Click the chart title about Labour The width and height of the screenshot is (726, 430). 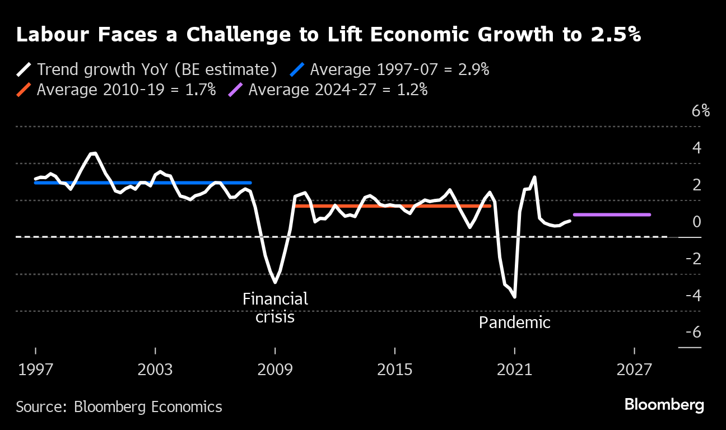pyautogui.click(x=328, y=35)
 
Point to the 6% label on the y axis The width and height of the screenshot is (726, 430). pyautogui.click(x=700, y=111)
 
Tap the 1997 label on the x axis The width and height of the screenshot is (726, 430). pyautogui.click(x=35, y=370)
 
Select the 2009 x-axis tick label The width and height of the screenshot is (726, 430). pyautogui.click(x=275, y=370)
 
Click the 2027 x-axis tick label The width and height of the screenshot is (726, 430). pyautogui.click(x=634, y=370)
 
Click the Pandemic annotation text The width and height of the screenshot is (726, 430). pyautogui.click(x=515, y=322)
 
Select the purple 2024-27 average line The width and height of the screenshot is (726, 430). pyautogui.click(x=612, y=214)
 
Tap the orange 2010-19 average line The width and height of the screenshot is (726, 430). pyautogui.click(x=392, y=206)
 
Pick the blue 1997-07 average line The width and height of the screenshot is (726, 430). pyautogui.click(x=143, y=183)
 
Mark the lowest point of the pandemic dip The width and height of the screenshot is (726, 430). pyautogui.click(x=514, y=297)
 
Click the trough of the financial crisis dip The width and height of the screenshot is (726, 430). pyautogui.click(x=275, y=282)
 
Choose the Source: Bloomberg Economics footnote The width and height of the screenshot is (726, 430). pyautogui.click(x=119, y=406)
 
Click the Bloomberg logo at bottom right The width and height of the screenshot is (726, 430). pyautogui.click(x=664, y=405)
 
